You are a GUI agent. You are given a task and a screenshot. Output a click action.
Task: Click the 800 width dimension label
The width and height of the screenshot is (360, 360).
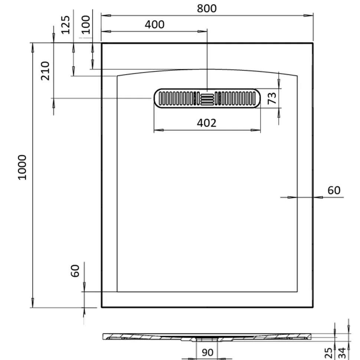pos(207,9)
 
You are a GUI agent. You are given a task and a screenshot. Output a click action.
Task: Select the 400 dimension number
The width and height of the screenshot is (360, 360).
pos(154,24)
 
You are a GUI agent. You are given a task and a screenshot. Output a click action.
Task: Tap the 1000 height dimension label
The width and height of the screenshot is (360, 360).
pos(22,167)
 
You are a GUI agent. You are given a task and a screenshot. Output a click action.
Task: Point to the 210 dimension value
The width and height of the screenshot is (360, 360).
pos(45,71)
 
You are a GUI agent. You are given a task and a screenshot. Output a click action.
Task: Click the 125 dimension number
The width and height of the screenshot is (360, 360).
pos(66,25)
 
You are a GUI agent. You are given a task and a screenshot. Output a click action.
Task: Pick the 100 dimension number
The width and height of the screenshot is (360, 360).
pos(86,24)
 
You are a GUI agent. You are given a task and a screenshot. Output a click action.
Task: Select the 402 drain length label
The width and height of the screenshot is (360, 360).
pos(207,123)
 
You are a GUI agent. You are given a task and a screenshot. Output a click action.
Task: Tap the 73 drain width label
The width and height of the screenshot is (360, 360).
pos(272,98)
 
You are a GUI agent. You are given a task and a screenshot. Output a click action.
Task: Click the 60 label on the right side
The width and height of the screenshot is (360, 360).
pos(334,191)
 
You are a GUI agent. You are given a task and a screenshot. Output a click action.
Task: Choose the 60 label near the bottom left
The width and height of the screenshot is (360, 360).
pos(75,271)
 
